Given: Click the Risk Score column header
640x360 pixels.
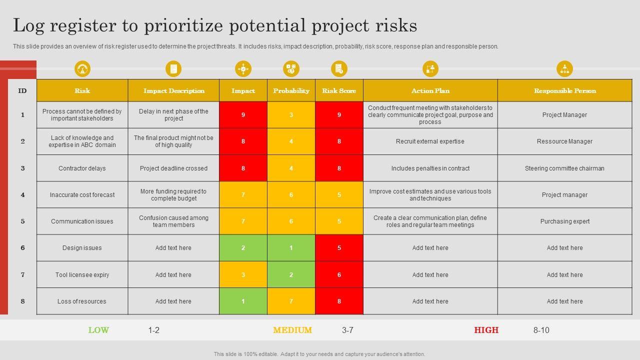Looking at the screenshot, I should pos(339,90).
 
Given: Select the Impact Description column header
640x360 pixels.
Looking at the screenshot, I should pos(173,90).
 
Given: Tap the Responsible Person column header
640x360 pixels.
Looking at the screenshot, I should pos(564,90).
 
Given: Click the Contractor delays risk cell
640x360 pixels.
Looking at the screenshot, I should pos(82,168).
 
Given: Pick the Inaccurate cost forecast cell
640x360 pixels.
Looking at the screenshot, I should pos(82,195).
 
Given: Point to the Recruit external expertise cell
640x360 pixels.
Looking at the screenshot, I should pos(430,141).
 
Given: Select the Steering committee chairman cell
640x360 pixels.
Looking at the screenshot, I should pos(564,168).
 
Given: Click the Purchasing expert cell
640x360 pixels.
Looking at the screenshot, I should pos(564,221).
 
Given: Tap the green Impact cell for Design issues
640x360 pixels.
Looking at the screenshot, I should pos(243,248).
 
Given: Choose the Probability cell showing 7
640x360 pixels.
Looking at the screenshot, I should pos(291,301).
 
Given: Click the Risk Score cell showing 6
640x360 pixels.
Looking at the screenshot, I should pos(339,274).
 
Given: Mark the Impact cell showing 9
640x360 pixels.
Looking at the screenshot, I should pos(243,115).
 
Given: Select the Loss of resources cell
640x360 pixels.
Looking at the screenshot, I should pos(82,301).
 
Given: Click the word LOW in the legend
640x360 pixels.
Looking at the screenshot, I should pos(98,330).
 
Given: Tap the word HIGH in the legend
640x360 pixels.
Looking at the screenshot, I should pos(486,330).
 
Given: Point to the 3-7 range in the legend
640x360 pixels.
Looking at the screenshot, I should pos(347,330).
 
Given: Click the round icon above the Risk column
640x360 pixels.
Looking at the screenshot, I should pos(82,69).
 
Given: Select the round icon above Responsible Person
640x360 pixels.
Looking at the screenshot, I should pos(564,69).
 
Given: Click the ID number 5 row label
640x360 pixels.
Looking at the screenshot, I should pos(22,221).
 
